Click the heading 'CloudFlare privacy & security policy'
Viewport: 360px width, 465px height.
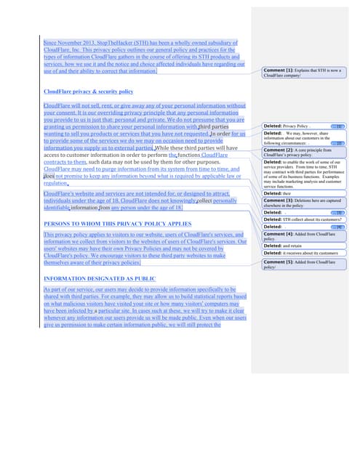tap(88, 92)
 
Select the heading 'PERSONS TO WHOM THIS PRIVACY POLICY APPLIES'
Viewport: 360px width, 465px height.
tap(117, 224)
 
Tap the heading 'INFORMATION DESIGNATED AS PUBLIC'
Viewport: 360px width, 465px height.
tap(100, 279)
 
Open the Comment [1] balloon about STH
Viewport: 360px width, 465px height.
tap(301, 72)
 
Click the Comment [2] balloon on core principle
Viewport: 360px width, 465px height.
tap(301, 152)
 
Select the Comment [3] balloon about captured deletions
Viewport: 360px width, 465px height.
tap(301, 203)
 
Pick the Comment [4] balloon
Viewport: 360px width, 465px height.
tap(301, 236)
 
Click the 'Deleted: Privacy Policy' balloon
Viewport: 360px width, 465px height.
tap(291, 126)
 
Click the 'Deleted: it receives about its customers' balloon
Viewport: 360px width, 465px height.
tap(300, 253)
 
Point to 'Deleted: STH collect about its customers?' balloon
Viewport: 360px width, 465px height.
tap(301, 219)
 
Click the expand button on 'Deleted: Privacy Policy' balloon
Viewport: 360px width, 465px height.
tap(339, 126)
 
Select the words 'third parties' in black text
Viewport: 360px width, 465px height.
tap(215, 127)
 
